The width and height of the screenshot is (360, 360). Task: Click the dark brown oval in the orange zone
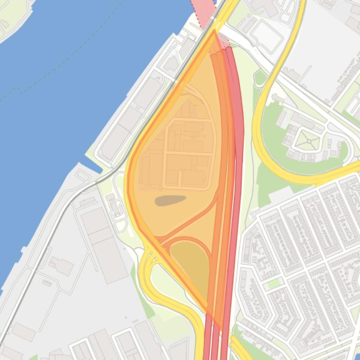click(170, 201)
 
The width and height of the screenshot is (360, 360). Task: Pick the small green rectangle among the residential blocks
click(274, 283)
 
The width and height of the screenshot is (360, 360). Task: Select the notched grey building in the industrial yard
click(61, 266)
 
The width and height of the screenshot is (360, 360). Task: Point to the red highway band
click(239, 140)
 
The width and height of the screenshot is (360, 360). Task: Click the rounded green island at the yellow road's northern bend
click(260, 78)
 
